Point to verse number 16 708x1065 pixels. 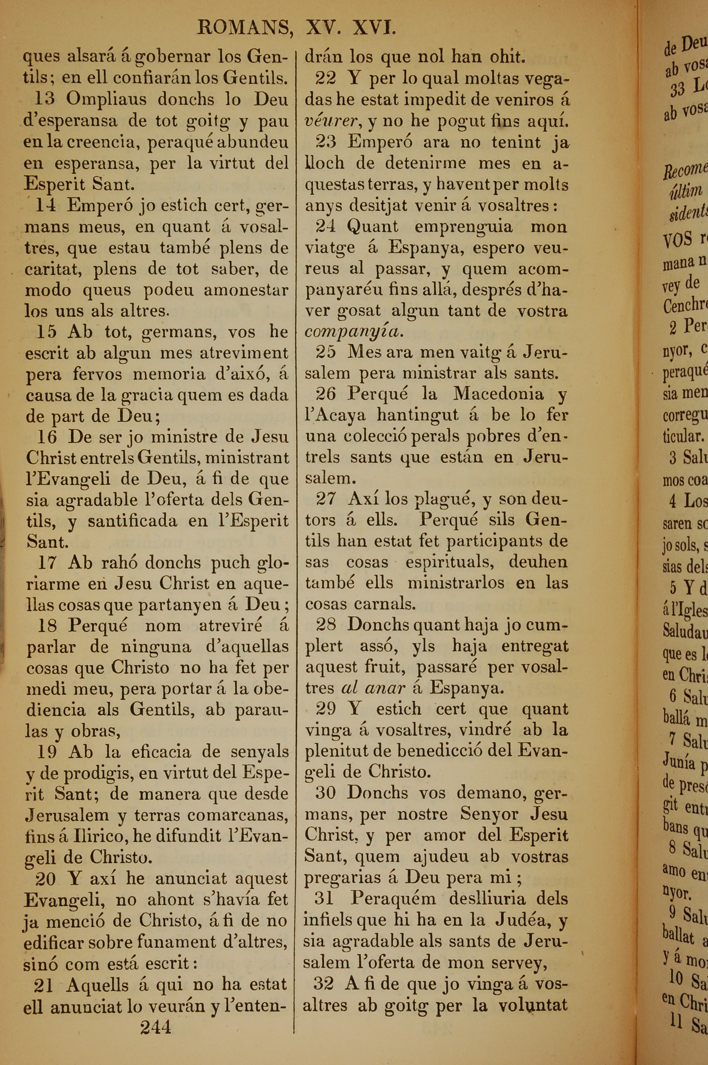[47, 437]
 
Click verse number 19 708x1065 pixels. [47, 752]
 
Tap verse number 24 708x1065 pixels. [326, 227]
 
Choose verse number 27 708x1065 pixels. [326, 499]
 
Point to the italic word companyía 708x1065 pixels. [352, 332]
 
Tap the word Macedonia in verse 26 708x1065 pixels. [498, 394]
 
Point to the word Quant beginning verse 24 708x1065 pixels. [372, 227]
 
